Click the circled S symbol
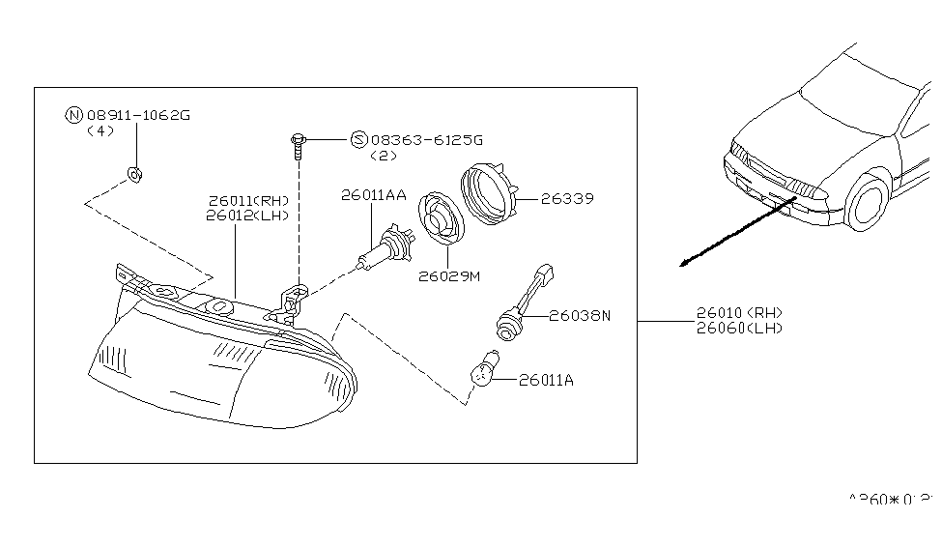(x=358, y=140)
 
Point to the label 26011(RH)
(x=248, y=201)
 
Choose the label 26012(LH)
(x=248, y=216)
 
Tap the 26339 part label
(x=566, y=199)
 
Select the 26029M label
(x=449, y=276)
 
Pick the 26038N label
(x=581, y=315)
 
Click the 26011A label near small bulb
(x=546, y=380)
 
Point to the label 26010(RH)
(x=739, y=313)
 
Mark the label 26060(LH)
(x=739, y=328)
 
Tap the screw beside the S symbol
(x=299, y=144)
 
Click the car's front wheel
(x=867, y=204)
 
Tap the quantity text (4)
(x=100, y=130)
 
